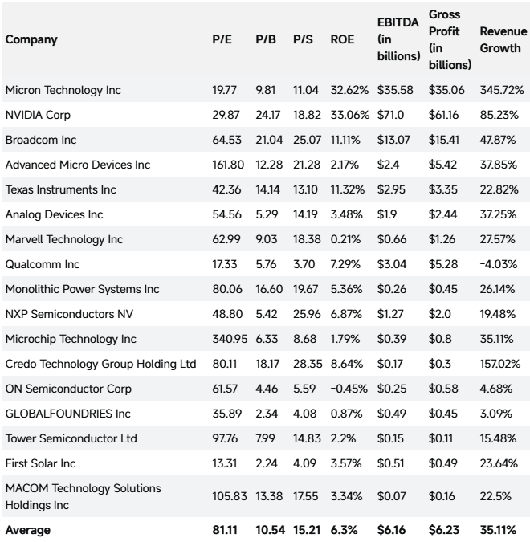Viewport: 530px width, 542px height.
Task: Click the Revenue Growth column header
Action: [x=503, y=39]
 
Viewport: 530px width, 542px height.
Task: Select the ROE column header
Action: [x=342, y=39]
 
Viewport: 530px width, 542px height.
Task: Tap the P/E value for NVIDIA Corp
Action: [x=226, y=115]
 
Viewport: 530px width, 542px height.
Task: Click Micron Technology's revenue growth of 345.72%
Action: [x=502, y=90]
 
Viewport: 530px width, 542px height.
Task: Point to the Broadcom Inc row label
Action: [x=41, y=140]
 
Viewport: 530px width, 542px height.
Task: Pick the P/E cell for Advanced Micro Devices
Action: [x=228, y=165]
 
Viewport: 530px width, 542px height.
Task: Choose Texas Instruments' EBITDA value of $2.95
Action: [x=391, y=189]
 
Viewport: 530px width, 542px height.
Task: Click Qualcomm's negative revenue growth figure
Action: [x=498, y=264]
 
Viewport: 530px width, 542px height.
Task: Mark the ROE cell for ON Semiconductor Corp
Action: [x=349, y=389]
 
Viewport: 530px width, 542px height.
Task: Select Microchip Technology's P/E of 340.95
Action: [x=230, y=339]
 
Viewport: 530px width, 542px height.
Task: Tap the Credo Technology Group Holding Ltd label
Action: [x=100, y=364]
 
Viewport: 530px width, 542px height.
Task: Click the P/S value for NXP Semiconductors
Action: [x=307, y=314]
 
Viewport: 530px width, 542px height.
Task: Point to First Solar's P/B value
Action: [x=267, y=463]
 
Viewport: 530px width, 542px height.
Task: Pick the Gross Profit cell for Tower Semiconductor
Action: [x=440, y=438]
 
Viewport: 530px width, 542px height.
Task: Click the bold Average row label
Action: [x=28, y=530]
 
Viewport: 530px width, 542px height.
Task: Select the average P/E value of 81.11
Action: [x=225, y=530]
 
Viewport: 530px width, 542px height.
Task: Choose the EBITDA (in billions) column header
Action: [x=398, y=39]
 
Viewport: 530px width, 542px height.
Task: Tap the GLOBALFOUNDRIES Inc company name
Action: [x=68, y=414]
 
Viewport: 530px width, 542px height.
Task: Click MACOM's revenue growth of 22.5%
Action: [x=495, y=496]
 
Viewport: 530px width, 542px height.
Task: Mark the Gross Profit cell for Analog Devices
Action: [x=442, y=214]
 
